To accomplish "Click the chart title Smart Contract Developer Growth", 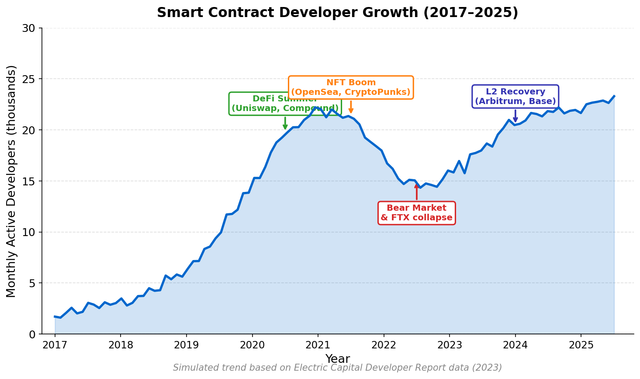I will (x=337, y=13).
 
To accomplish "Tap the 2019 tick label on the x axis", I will (x=186, y=345).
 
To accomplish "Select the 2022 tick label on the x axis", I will (x=384, y=345).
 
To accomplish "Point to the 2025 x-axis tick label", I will (x=581, y=345).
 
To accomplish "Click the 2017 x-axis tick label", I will (x=55, y=345).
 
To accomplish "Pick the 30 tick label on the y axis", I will (x=28, y=28).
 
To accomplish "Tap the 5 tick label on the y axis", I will (x=31, y=283).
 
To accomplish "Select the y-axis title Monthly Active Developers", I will (x=12, y=181).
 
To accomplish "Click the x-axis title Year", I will (x=337, y=359).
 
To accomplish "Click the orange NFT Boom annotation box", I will (x=351, y=87).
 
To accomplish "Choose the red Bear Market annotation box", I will (x=416, y=213).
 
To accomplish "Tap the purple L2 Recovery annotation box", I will (x=515, y=97).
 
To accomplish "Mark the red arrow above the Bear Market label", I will (x=416, y=192).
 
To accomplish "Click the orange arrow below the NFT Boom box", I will (x=351, y=107).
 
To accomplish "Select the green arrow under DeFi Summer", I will (x=285, y=123).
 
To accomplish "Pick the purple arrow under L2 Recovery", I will (x=515, y=116).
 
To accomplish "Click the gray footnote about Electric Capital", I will (x=337, y=368).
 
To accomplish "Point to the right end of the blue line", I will (x=614, y=96).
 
